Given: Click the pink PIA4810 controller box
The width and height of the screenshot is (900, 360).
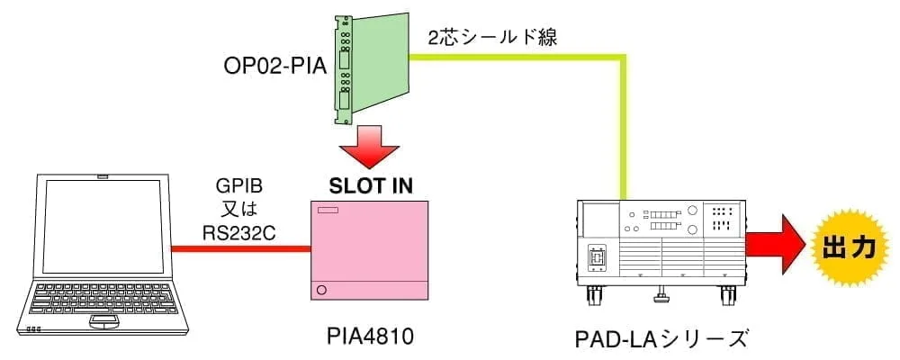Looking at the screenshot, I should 369,252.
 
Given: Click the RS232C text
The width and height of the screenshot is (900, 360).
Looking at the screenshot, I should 239,233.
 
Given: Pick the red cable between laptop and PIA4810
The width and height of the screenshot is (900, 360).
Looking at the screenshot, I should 239,251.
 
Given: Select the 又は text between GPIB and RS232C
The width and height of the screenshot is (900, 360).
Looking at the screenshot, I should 239,211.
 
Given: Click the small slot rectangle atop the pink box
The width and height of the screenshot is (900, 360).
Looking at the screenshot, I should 328,212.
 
